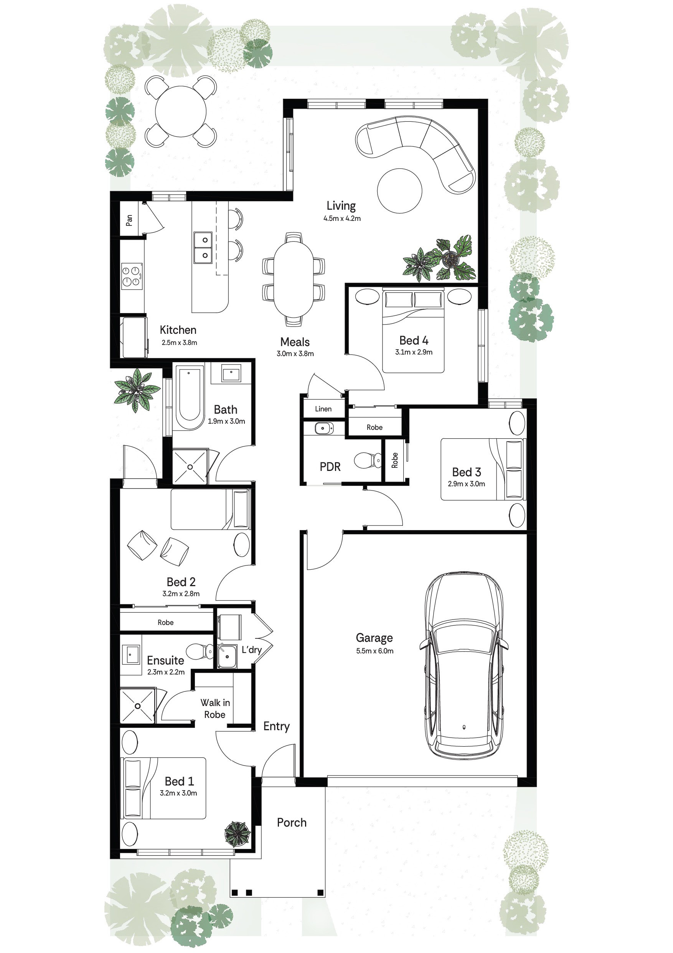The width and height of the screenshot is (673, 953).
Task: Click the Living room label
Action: [341, 206]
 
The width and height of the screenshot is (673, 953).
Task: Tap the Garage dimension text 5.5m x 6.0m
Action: [374, 651]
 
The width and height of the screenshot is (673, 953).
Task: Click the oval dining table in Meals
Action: [294, 279]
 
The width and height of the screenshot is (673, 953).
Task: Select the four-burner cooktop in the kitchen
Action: [132, 276]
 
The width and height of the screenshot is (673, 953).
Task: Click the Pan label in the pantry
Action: [129, 220]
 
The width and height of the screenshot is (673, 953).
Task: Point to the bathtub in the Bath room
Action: [189, 398]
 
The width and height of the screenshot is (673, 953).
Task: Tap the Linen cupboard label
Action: [323, 409]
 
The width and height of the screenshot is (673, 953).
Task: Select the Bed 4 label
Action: [413, 340]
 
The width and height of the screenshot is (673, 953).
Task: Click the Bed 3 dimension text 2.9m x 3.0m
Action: [466, 484]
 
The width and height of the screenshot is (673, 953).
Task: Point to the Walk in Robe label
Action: [215, 709]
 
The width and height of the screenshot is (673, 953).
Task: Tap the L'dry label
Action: [252, 650]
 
